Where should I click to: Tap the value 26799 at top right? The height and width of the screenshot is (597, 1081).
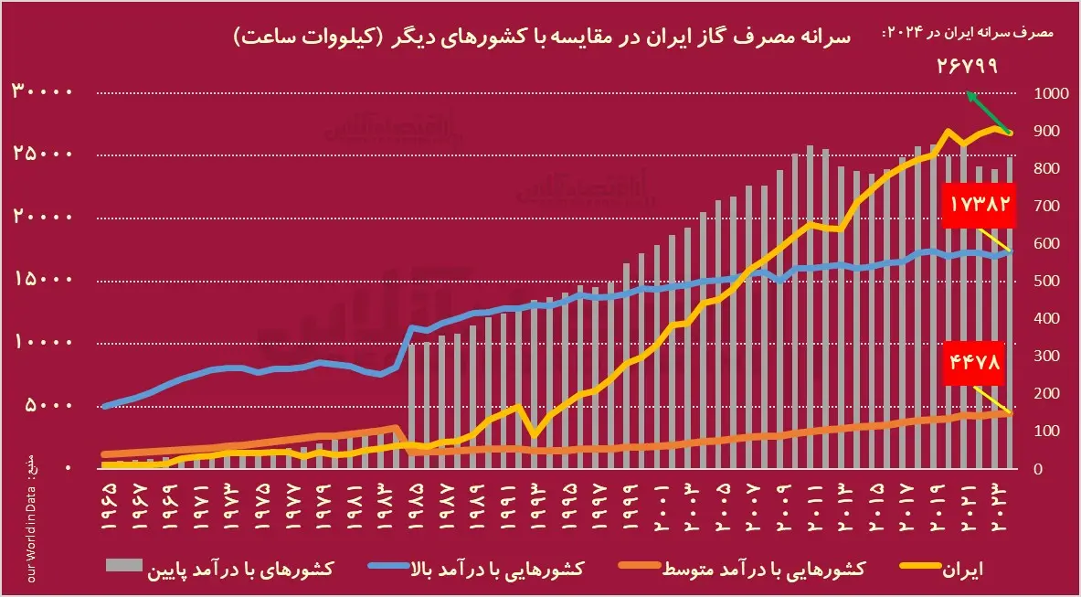[967, 67]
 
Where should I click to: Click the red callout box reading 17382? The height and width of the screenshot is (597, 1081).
[980, 203]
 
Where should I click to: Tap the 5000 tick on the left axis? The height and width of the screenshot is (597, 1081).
[55, 405]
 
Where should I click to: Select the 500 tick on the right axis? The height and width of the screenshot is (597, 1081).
[1047, 281]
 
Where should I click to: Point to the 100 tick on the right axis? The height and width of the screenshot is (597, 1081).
[1047, 431]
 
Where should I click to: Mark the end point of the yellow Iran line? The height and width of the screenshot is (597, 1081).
[1010, 133]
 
